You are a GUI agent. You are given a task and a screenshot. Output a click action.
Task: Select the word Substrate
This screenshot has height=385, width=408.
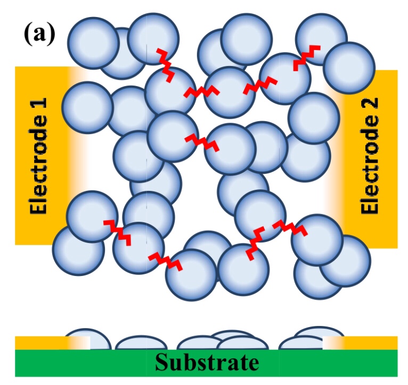[x=207, y=363]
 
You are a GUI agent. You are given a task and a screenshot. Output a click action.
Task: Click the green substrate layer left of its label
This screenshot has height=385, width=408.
[x=80, y=363]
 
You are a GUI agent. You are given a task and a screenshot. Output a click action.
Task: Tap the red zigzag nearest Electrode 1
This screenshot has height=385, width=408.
[x=117, y=231]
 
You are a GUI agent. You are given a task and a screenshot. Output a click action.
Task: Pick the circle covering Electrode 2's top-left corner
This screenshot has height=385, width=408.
[x=348, y=68]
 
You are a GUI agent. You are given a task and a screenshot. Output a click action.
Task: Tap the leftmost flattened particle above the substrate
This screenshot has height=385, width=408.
[x=80, y=341]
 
